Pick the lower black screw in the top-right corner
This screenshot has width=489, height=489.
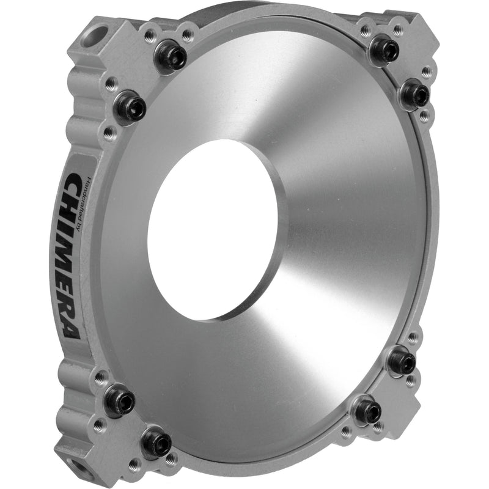click(x=415, y=94)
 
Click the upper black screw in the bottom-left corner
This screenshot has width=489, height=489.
click(x=119, y=400)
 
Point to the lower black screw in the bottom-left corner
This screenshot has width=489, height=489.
click(x=156, y=442)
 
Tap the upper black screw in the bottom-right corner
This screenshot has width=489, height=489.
click(x=402, y=361)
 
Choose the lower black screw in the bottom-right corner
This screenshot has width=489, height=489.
click(x=369, y=408)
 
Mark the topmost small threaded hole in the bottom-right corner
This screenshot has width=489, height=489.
click(x=413, y=337)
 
